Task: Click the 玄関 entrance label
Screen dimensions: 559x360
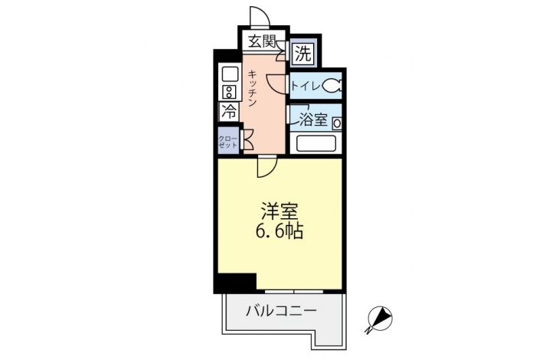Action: (x=262, y=41)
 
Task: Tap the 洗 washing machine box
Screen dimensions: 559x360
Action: (x=302, y=54)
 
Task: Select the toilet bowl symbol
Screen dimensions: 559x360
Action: (x=332, y=86)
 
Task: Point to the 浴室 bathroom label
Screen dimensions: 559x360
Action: (x=312, y=119)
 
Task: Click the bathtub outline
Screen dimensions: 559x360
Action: (x=315, y=144)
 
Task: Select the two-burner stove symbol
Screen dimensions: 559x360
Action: (x=229, y=92)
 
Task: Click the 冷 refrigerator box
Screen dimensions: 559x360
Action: (x=229, y=112)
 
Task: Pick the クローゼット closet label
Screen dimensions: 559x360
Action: (x=227, y=142)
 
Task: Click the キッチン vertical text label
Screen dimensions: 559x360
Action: (x=252, y=89)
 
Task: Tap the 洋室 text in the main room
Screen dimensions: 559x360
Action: (x=279, y=211)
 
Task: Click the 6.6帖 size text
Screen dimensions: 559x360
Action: (x=279, y=231)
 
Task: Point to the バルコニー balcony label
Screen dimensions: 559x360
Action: (x=281, y=311)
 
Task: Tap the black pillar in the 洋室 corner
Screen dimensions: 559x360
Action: (x=237, y=283)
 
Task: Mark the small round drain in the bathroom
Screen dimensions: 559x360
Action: (x=337, y=124)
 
